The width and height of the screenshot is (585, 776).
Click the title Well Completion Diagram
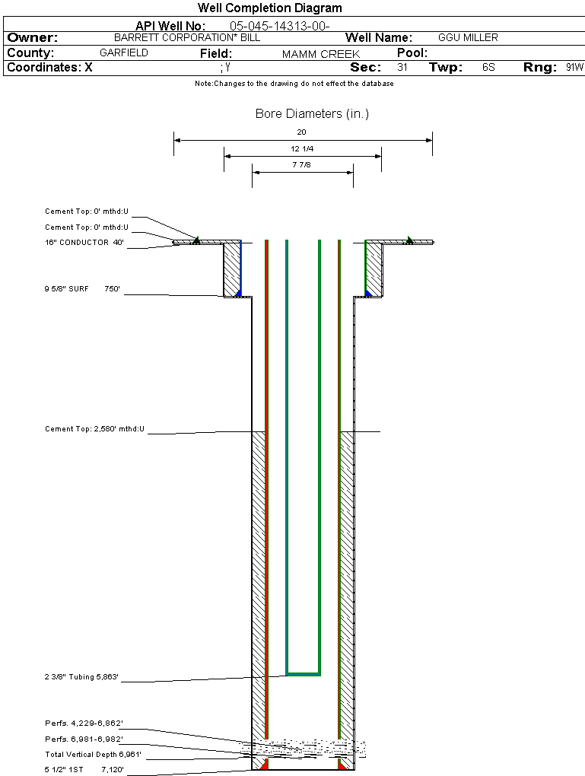pyautogui.click(x=270, y=8)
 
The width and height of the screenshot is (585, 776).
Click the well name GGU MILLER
pyautogui.click(x=468, y=37)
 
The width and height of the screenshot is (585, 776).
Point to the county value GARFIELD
pyautogui.click(x=124, y=53)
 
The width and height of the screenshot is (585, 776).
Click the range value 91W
pyautogui.click(x=574, y=68)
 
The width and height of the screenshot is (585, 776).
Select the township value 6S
pyautogui.click(x=488, y=68)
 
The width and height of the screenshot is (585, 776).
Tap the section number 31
pyautogui.click(x=402, y=68)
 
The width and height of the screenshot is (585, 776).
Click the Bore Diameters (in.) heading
pyautogui.click(x=312, y=114)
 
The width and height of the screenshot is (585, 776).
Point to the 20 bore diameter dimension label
pyautogui.click(x=302, y=132)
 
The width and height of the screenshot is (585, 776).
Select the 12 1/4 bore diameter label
pyautogui.click(x=302, y=148)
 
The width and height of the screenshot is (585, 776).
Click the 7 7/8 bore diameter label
pyautogui.click(x=302, y=165)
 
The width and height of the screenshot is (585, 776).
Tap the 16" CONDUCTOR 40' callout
pyautogui.click(x=84, y=243)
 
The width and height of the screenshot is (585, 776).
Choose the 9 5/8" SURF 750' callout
pyautogui.click(x=83, y=289)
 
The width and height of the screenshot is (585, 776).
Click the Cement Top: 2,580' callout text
pyautogui.click(x=94, y=430)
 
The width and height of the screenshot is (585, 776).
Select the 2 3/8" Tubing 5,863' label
pyautogui.click(x=82, y=677)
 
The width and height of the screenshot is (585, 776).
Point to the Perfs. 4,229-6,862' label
pyautogui.click(x=84, y=723)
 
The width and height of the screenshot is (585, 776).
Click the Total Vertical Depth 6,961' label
pyautogui.click(x=94, y=755)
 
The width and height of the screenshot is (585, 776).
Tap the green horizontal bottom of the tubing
pyautogui.click(x=303, y=674)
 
